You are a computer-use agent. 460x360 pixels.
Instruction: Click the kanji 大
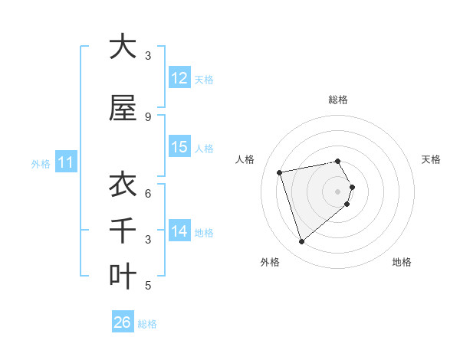click(x=123, y=47)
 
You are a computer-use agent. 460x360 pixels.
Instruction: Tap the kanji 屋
click(x=123, y=108)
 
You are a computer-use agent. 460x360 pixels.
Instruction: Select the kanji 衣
click(x=123, y=185)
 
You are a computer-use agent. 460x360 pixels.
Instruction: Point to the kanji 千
click(x=123, y=231)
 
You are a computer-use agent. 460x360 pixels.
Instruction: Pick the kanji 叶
click(x=123, y=277)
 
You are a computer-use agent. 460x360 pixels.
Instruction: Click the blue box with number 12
click(x=179, y=78)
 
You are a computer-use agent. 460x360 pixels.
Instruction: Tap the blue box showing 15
click(x=179, y=147)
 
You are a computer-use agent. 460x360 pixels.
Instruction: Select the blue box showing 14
click(x=179, y=231)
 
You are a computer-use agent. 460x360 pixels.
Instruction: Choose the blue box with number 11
click(x=65, y=162)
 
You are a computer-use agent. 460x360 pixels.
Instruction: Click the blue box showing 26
click(x=123, y=322)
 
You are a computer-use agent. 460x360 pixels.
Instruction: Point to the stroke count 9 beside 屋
click(x=148, y=117)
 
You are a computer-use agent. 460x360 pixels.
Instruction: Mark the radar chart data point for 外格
click(x=301, y=242)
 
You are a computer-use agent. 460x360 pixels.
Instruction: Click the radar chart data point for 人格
click(x=280, y=172)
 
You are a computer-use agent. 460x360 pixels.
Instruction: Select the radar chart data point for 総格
click(x=338, y=161)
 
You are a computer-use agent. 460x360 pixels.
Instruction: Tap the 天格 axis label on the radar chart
click(x=431, y=159)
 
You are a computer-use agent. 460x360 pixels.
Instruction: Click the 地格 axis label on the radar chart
click(x=402, y=262)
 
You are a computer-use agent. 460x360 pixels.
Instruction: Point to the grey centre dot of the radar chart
click(x=338, y=191)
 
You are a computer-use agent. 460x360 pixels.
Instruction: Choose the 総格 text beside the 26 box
click(x=148, y=323)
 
